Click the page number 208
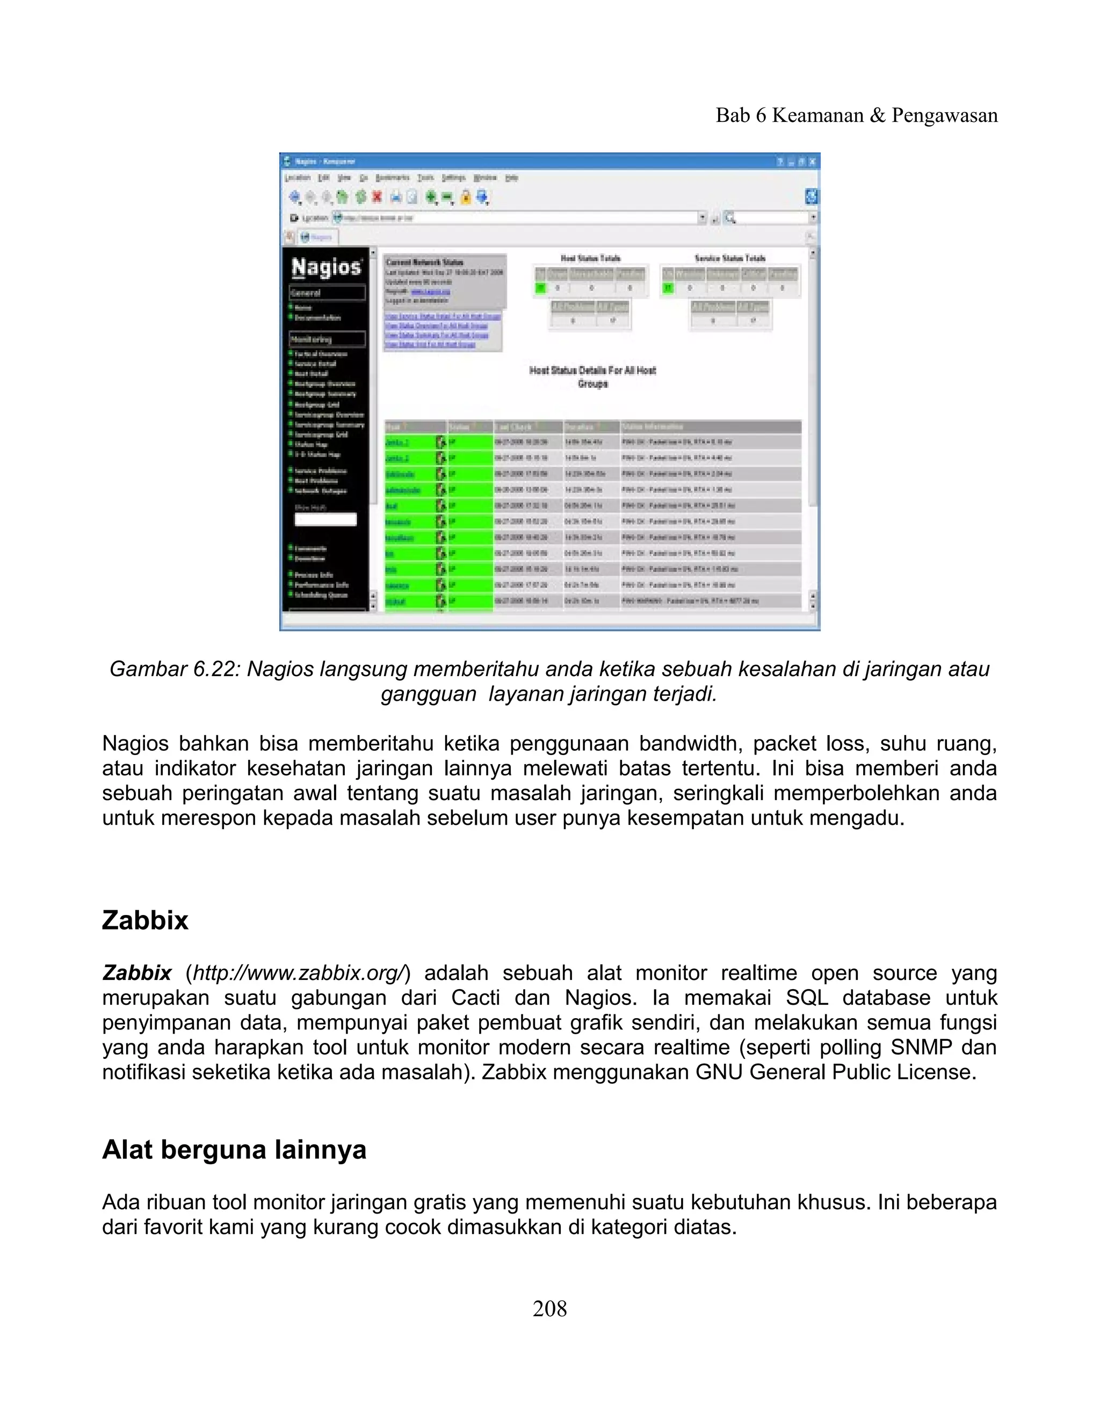pos(549,1308)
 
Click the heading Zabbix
pos(144,920)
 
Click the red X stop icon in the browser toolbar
pos(377,196)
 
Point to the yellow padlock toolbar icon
pos(465,197)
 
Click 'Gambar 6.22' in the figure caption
pos(173,669)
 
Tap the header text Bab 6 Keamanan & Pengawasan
pos(856,115)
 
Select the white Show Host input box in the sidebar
pos(325,519)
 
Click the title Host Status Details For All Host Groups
pos(592,376)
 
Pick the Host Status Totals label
pos(590,258)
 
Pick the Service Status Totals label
pos(730,258)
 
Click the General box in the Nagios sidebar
pos(327,293)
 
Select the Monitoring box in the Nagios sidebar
pos(327,339)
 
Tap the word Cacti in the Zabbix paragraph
pos(475,998)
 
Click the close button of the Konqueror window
pos(812,162)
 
